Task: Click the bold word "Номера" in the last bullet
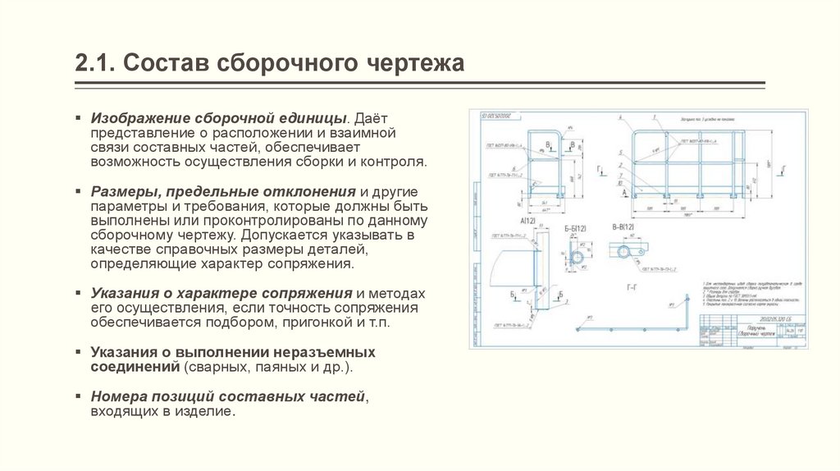coord(118,396)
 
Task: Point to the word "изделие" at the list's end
coord(208,411)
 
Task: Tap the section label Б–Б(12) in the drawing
coord(577,227)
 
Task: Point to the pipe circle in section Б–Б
coord(579,258)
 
